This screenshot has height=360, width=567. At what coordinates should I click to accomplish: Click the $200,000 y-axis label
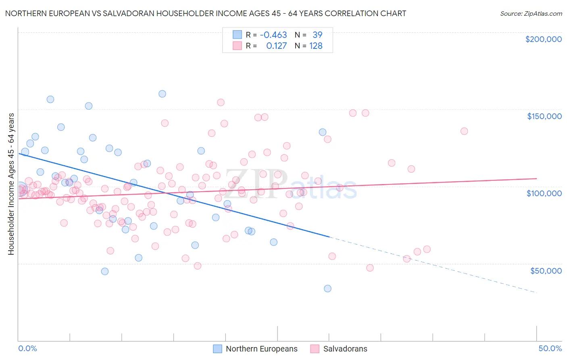click(543, 39)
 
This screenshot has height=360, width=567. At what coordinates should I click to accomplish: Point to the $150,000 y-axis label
click(544, 116)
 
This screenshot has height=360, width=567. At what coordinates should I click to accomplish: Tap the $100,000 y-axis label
click(544, 193)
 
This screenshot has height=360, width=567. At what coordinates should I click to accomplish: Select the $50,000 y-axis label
click(546, 271)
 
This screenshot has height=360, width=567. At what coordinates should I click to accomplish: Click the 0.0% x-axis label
click(27, 348)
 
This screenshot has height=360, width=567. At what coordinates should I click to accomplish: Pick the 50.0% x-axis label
click(550, 348)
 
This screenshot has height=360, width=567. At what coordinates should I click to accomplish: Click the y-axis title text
click(11, 184)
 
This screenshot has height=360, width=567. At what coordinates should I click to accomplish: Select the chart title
click(206, 13)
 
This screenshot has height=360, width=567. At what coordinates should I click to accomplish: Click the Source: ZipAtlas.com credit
click(531, 14)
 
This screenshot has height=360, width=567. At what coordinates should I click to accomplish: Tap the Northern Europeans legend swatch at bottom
click(218, 349)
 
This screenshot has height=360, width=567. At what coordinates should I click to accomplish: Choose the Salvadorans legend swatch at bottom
click(315, 349)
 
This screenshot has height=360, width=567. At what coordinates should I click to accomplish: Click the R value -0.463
click(273, 35)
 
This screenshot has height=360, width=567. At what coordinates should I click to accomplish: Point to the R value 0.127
click(276, 46)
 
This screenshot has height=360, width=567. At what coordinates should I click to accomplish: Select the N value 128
click(316, 46)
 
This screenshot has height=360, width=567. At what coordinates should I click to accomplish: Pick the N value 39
click(317, 35)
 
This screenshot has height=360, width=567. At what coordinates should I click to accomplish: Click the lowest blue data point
click(327, 289)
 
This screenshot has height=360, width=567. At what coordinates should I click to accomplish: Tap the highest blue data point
click(162, 94)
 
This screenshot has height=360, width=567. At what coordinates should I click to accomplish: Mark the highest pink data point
click(221, 103)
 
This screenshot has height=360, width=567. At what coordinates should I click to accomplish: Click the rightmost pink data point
click(464, 131)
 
